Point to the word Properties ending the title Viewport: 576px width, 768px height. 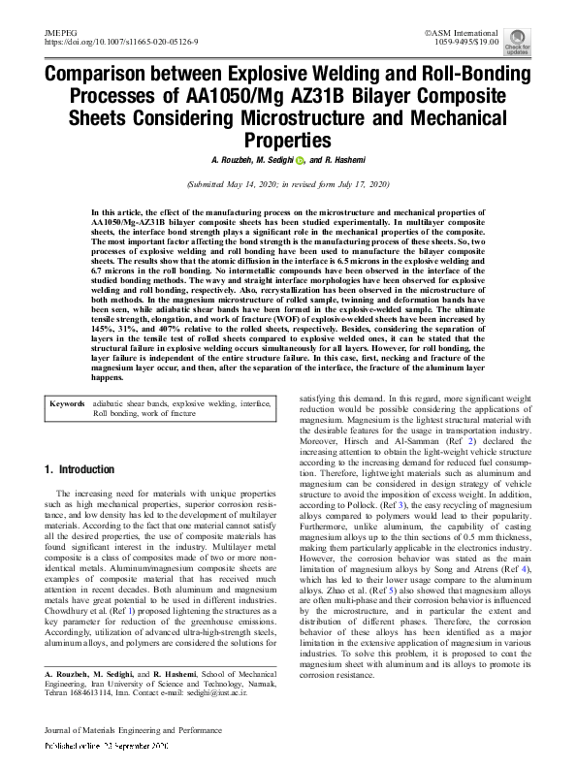tap(288, 140)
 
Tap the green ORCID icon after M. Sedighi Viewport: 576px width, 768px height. tap(301, 161)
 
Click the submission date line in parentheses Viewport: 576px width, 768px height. tap(288, 183)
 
